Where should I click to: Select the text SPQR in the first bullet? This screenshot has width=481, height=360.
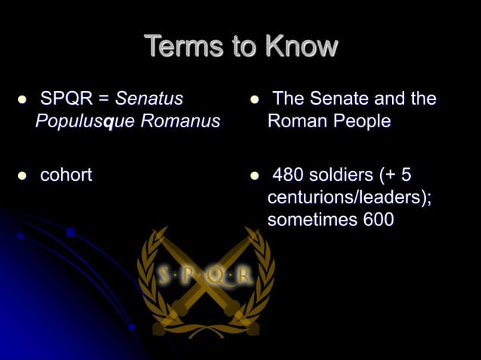(x=66, y=99)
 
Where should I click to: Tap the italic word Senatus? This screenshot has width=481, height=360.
(x=149, y=99)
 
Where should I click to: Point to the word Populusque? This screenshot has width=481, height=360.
(x=78, y=121)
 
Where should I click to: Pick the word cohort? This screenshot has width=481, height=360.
(x=66, y=175)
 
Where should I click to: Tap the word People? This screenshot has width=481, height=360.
(x=361, y=121)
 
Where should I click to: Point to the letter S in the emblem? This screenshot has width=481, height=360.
(x=165, y=276)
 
